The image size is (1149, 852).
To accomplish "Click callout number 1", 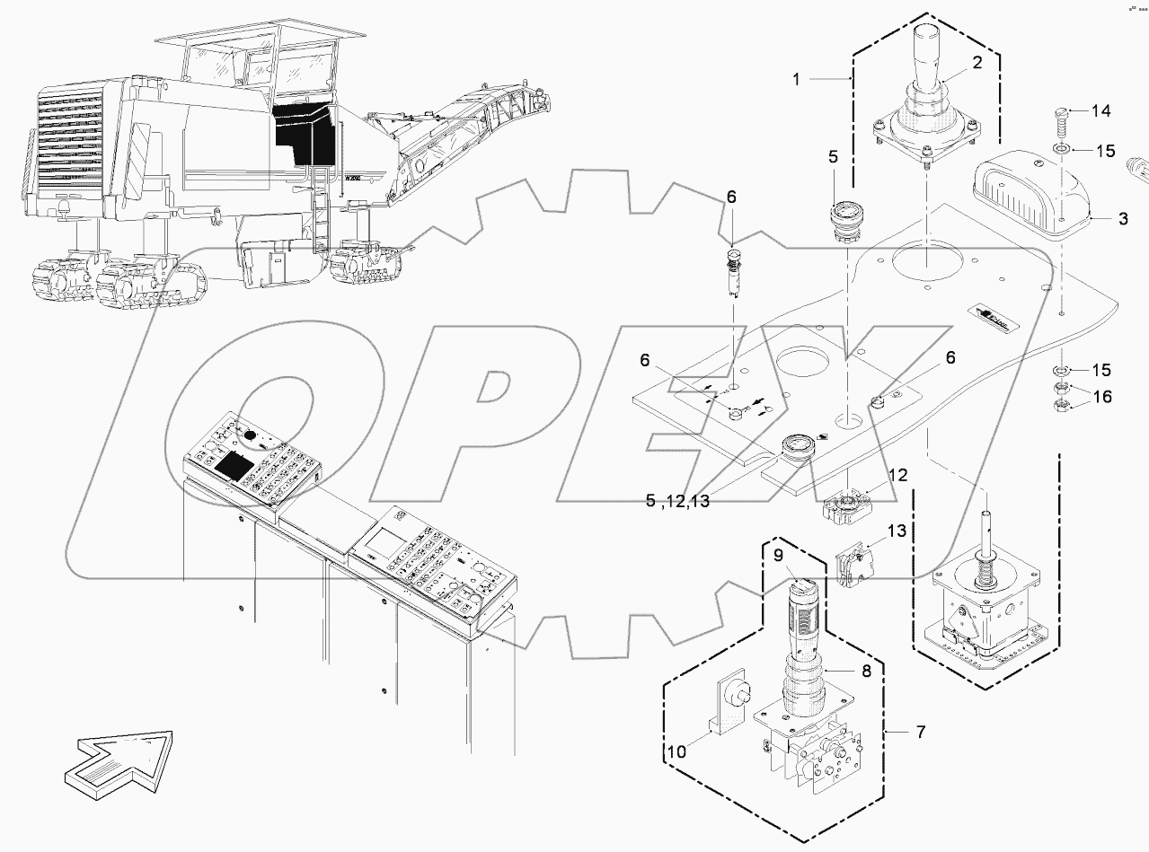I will pos(796,80).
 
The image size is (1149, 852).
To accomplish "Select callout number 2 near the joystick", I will pos(977,63).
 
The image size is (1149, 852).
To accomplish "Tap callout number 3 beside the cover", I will pos(1123,218).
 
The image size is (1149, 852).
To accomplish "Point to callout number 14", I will pos(1101,111).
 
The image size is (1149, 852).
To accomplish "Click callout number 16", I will pos(1101,397).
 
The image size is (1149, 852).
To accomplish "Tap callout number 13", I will pos(898,533).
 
